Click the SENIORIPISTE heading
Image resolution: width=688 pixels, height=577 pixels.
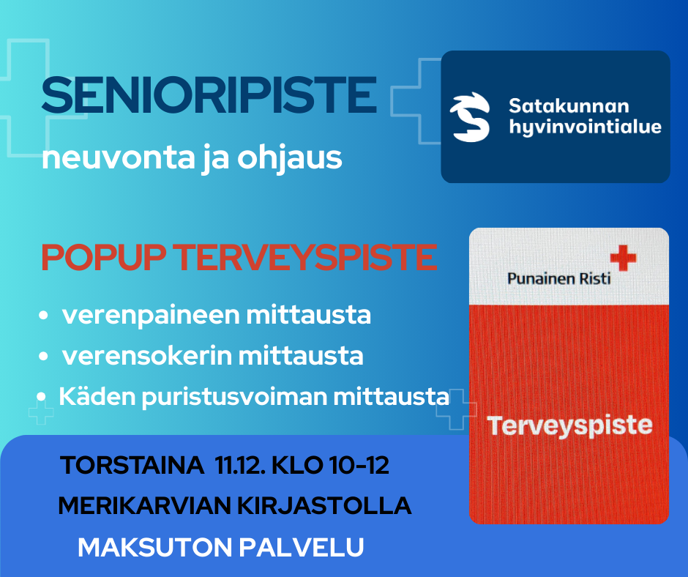pos(209,95)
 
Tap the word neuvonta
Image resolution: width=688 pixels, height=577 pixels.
pos(118,157)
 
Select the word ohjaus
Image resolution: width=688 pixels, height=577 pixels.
pos(290,159)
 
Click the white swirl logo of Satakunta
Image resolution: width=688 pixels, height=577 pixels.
pos(470,117)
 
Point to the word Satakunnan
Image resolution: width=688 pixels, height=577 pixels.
pos(569,106)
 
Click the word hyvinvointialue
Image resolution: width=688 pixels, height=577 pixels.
pos(586,127)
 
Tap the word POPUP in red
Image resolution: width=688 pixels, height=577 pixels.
pos(103,257)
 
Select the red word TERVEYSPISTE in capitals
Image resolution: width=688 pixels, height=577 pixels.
pos(305,257)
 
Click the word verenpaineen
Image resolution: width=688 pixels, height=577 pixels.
pos(151,316)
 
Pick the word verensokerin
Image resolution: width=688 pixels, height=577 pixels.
pos(147,356)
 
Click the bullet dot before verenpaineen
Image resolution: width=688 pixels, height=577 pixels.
pos(43,315)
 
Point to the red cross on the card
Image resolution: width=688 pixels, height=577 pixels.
pos(623,258)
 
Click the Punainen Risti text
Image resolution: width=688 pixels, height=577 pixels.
pos(558,278)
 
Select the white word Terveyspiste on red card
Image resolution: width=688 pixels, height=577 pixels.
pos(569,426)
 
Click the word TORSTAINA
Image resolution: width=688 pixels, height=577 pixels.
pos(132,466)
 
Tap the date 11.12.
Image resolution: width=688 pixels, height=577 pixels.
pos(241,466)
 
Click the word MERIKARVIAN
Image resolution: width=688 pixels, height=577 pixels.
pos(144,506)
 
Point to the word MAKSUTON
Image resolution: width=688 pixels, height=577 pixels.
pos(155,548)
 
